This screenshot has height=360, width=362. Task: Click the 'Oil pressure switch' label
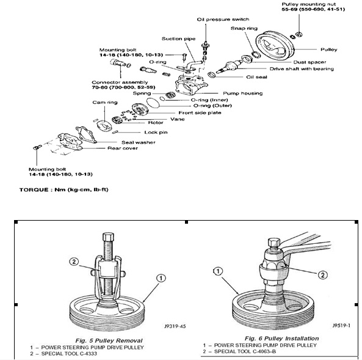(x=223, y=20)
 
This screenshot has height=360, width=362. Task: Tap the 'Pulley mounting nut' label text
(x=309, y=4)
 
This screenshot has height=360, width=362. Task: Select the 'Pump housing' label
(x=242, y=93)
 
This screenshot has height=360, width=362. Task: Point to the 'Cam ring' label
(x=105, y=103)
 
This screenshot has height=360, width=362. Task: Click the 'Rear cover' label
(x=123, y=148)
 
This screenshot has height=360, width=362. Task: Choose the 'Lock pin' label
(x=156, y=132)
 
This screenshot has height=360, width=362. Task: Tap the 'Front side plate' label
(x=200, y=113)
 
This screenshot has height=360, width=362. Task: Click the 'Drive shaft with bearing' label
(x=302, y=69)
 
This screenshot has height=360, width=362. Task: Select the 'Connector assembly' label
(x=120, y=83)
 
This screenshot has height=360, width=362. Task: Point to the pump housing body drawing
(x=191, y=84)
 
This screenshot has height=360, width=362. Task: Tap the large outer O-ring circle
(x=153, y=103)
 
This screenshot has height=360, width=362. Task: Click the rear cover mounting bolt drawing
(x=38, y=147)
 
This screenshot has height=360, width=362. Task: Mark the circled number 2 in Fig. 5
(x=74, y=262)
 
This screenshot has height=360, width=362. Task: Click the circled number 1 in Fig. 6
(x=218, y=271)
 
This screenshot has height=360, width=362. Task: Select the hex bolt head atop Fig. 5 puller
(x=108, y=237)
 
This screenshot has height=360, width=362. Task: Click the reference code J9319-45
(x=175, y=326)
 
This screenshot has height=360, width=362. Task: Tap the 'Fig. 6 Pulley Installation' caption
(x=281, y=339)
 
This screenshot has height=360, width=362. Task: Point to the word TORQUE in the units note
(x=34, y=190)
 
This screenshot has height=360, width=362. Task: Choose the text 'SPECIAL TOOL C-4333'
(x=69, y=353)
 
